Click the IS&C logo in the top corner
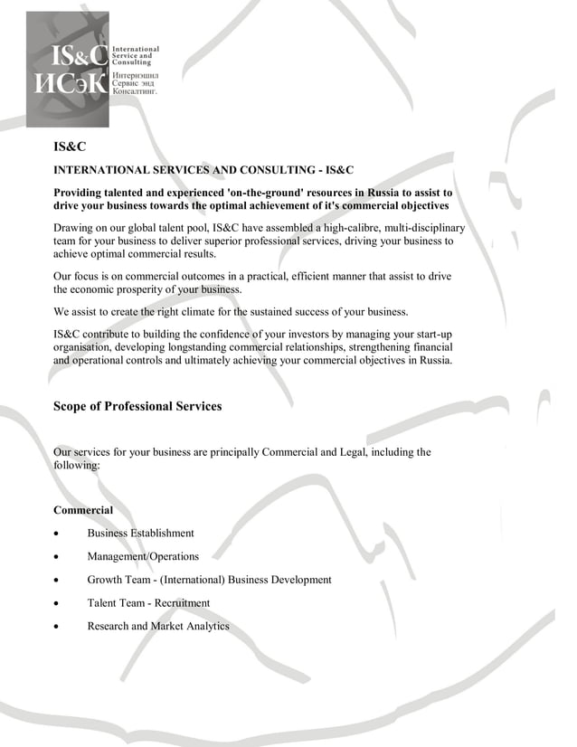(x=67, y=69)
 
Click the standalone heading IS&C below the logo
(x=70, y=146)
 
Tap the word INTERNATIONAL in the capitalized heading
(x=99, y=170)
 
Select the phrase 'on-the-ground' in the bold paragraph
(x=271, y=194)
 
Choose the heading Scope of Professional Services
(x=137, y=406)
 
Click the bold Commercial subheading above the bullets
(x=83, y=510)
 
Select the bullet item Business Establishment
(x=140, y=533)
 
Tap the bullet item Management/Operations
(x=143, y=556)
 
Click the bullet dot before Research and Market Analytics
(x=57, y=627)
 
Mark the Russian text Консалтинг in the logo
(x=135, y=91)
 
